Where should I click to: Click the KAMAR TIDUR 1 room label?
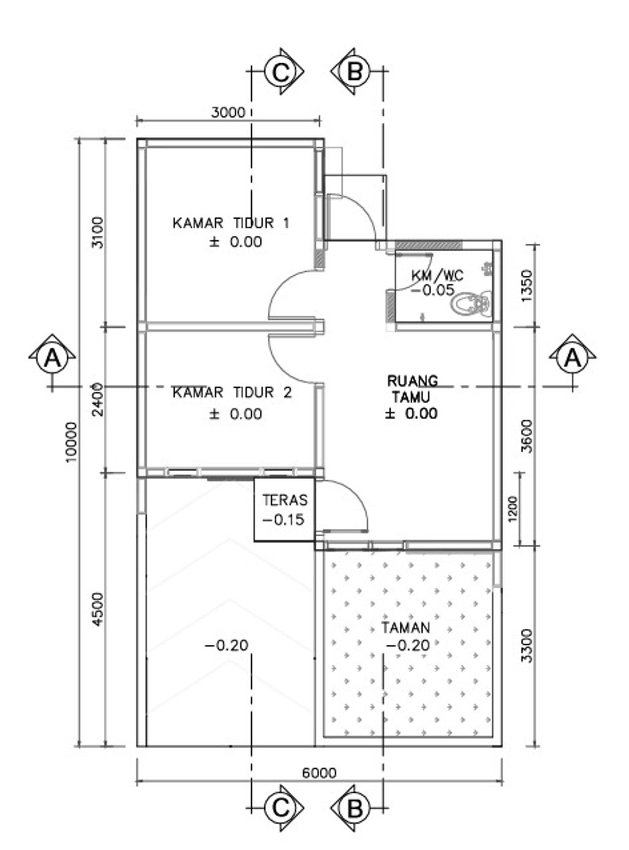coord(231,223)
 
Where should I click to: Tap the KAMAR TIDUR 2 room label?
coord(232,392)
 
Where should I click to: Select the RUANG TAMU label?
coord(412,389)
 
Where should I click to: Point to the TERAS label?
coord(285,500)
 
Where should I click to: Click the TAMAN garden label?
coord(405,628)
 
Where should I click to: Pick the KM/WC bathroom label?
coord(437,275)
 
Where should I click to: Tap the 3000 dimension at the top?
coord(228,112)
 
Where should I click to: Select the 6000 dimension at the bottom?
coord(319,773)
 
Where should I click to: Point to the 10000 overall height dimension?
coord(72,442)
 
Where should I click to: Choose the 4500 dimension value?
coord(98,610)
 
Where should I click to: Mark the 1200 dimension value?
coord(512,509)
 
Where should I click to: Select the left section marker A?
coord(52,358)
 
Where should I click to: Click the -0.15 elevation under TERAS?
coord(284,520)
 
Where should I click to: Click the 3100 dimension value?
coord(98,233)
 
